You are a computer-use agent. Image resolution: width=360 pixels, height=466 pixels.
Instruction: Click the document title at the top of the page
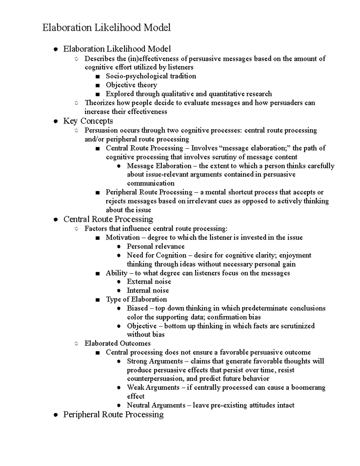click(x=106, y=28)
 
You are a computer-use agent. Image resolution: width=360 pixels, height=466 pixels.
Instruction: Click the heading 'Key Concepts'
click(x=88, y=121)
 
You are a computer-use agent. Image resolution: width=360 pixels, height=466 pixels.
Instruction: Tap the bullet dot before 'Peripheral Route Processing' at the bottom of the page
click(x=55, y=415)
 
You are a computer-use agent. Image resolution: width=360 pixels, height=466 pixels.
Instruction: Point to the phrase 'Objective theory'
click(x=131, y=85)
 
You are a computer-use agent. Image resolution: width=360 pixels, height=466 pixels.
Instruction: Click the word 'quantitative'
click(x=226, y=94)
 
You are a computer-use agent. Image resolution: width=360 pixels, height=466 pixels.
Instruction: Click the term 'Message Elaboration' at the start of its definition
click(x=159, y=166)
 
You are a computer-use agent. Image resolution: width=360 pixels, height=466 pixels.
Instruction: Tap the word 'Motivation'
click(x=123, y=238)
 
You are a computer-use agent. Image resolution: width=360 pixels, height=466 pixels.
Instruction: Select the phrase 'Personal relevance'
click(x=155, y=246)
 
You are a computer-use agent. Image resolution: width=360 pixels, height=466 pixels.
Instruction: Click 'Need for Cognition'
click(x=157, y=255)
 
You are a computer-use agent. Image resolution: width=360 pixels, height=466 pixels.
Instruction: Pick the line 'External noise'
click(x=149, y=281)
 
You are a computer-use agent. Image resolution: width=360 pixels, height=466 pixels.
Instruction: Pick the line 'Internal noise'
click(x=148, y=290)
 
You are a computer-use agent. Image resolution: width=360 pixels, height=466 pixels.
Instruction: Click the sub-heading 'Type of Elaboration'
click(x=136, y=299)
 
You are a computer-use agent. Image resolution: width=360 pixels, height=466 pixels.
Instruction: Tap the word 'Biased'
click(x=137, y=308)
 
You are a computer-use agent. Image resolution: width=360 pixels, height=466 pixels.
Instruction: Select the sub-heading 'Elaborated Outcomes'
click(x=117, y=343)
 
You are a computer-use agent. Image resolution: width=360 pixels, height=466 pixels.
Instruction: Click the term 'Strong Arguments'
click(x=155, y=361)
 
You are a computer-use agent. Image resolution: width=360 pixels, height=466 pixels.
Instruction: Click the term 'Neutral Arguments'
click(x=156, y=405)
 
